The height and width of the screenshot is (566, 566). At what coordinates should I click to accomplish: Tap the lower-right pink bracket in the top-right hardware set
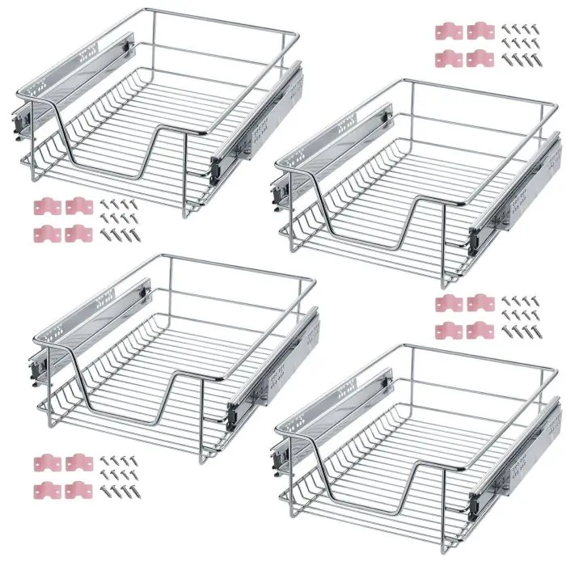[479, 58]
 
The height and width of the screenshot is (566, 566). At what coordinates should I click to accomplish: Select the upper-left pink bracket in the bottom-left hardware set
[46, 463]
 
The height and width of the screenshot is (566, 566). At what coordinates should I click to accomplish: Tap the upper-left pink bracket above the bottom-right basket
[449, 304]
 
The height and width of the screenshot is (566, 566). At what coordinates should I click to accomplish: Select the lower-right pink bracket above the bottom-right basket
[479, 329]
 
